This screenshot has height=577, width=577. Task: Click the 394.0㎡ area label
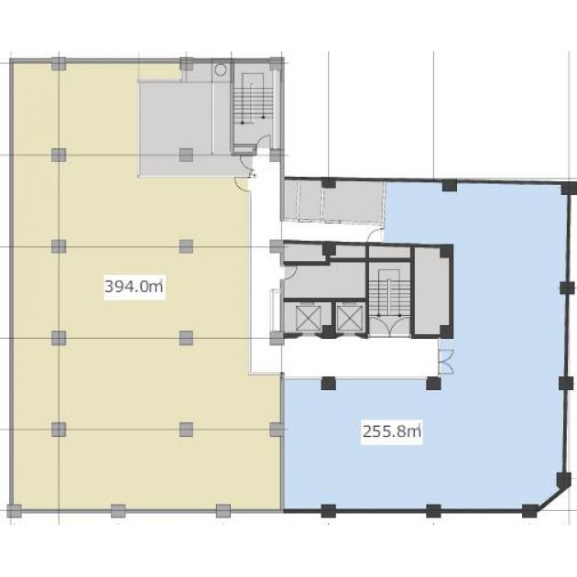[134, 287]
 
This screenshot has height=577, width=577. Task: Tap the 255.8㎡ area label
[392, 430]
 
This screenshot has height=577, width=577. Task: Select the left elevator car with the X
[309, 319]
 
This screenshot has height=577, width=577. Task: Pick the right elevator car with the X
[350, 319]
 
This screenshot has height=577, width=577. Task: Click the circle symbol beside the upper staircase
[220, 70]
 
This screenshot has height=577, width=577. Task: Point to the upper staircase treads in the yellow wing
[253, 103]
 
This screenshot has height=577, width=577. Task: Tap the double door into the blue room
[446, 362]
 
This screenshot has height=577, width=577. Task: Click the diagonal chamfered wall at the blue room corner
[550, 498]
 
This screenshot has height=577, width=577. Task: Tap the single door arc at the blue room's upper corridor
[376, 234]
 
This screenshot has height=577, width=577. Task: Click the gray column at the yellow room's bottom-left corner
[15, 511]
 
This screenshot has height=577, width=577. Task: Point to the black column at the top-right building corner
[569, 188]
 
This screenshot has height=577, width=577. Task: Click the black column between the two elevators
[328, 332]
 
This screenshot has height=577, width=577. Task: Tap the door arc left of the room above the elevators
[290, 272]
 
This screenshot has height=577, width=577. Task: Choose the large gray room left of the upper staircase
[175, 128]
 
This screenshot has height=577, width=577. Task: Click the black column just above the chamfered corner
[563, 480]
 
